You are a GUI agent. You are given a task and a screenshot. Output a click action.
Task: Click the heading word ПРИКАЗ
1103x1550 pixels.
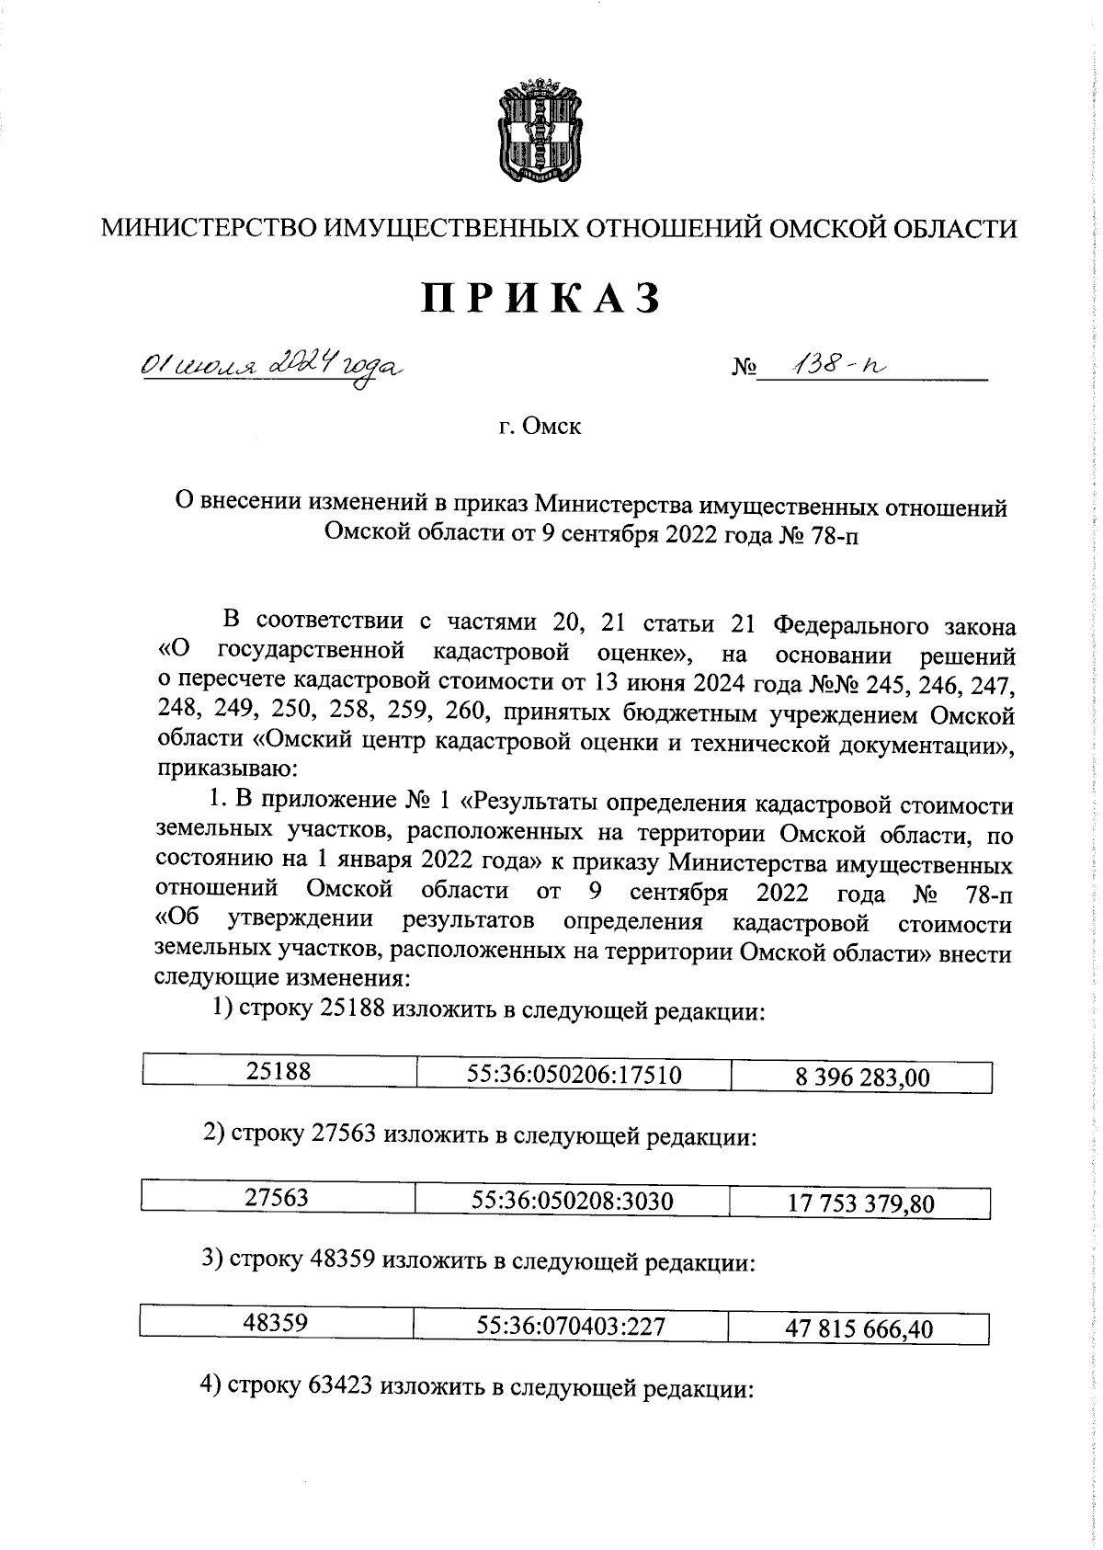[x=541, y=299]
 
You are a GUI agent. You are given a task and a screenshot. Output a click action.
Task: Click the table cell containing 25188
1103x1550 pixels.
[x=279, y=1071]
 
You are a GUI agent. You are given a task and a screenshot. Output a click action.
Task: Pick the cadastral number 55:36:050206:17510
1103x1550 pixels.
[x=574, y=1074]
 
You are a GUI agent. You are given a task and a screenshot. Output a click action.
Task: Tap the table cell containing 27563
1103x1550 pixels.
[x=277, y=1198]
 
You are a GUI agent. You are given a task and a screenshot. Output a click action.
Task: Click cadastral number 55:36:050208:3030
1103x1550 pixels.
[x=572, y=1201]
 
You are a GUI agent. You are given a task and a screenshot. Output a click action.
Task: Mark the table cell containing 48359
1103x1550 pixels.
[x=276, y=1323]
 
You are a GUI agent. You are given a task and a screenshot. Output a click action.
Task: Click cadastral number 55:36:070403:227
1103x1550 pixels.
[x=571, y=1326]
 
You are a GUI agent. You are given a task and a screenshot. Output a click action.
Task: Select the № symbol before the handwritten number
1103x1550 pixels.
[x=744, y=368]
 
